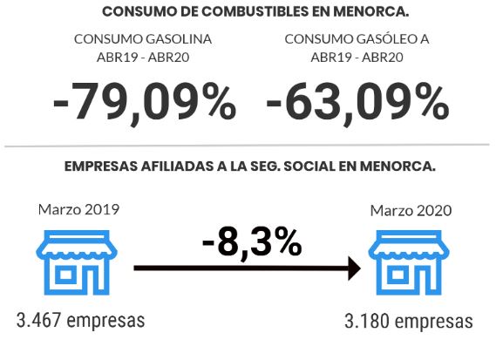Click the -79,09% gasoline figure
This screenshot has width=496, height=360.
(x=145, y=102)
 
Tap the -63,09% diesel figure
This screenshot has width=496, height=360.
(x=357, y=102)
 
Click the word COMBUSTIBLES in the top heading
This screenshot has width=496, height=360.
(x=255, y=11)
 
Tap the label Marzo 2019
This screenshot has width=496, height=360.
(x=78, y=209)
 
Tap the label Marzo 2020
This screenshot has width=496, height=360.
(x=411, y=211)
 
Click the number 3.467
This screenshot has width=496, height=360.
(x=38, y=320)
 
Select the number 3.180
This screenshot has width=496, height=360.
(x=367, y=322)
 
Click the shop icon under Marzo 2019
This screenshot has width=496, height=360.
(x=77, y=262)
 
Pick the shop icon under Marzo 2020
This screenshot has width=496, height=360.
(x=409, y=262)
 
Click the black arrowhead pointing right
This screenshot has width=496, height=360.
(x=354, y=268)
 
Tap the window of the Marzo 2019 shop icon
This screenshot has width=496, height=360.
(x=65, y=275)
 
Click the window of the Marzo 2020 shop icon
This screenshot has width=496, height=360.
(x=398, y=275)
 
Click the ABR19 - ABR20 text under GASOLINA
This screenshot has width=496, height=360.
(x=143, y=58)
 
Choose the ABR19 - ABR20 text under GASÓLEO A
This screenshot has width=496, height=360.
(x=357, y=58)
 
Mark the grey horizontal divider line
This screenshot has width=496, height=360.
(x=247, y=146)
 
